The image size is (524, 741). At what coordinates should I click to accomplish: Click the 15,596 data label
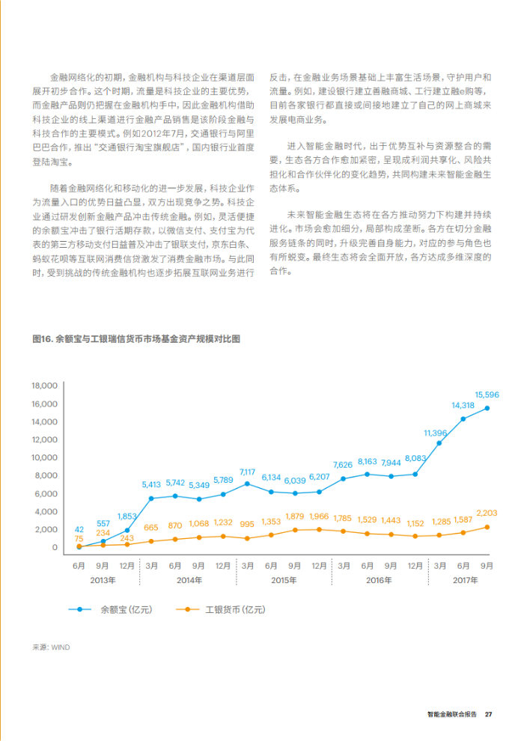pyautogui.click(x=487, y=394)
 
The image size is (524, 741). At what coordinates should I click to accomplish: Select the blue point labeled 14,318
pyautogui.click(x=463, y=418)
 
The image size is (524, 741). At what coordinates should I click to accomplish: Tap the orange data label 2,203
pyautogui.click(x=487, y=513)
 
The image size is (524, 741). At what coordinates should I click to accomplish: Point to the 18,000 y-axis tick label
pyautogui.click(x=44, y=385)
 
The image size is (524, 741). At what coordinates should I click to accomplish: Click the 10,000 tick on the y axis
pyautogui.click(x=44, y=457)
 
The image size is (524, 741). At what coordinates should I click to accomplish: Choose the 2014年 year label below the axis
pyautogui.click(x=189, y=580)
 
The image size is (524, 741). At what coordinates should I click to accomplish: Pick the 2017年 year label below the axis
pyautogui.click(x=465, y=580)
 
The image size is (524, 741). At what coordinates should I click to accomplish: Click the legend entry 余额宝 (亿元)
pyautogui.click(x=127, y=609)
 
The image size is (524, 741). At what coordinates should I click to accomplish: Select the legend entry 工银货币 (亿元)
pyautogui.click(x=235, y=609)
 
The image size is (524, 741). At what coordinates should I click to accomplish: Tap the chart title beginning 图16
pyautogui.click(x=136, y=339)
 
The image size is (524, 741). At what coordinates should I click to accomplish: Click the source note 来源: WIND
pyautogui.click(x=51, y=647)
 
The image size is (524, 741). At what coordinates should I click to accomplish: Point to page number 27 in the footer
pyautogui.click(x=489, y=714)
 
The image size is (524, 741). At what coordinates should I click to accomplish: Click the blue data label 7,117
pyautogui.click(x=247, y=472)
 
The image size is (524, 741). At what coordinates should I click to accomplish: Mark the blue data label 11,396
pyautogui.click(x=435, y=433)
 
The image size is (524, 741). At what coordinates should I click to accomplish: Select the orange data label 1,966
pyautogui.click(x=319, y=516)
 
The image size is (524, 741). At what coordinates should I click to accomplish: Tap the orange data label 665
pyautogui.click(x=151, y=528)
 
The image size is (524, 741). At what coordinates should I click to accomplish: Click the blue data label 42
pyautogui.click(x=79, y=530)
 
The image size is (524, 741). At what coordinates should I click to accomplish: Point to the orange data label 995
pyautogui.click(x=247, y=524)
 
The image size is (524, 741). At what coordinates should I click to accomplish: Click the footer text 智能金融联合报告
pyautogui.click(x=452, y=714)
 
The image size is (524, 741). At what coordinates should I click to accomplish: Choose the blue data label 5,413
pyautogui.click(x=151, y=484)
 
